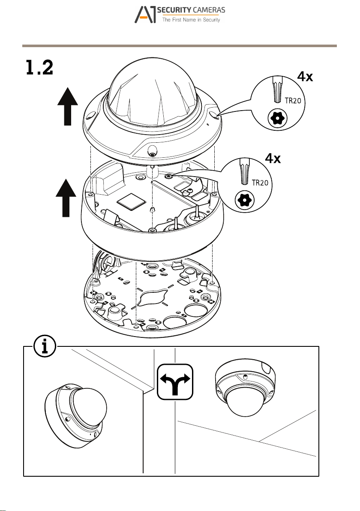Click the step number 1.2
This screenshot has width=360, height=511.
pos(39,68)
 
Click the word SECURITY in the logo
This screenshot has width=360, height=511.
pos(174,10)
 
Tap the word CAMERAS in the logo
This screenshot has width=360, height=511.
pos(209,10)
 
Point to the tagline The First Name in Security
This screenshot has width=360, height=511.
pos(191,20)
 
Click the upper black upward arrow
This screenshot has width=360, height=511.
pos(67,106)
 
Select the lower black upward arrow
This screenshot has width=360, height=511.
pos(66,198)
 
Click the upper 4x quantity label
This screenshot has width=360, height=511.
pos(305,77)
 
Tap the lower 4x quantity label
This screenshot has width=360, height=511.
pos(273,158)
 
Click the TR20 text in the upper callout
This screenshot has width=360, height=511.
pos(293,101)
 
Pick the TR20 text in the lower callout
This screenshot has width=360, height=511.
pos(260,183)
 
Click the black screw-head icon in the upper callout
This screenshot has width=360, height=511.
pos(278,119)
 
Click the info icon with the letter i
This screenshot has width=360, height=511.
pos(45,346)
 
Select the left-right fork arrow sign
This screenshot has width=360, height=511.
pos(175,382)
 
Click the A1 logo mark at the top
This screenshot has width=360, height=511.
pos(145,15)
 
